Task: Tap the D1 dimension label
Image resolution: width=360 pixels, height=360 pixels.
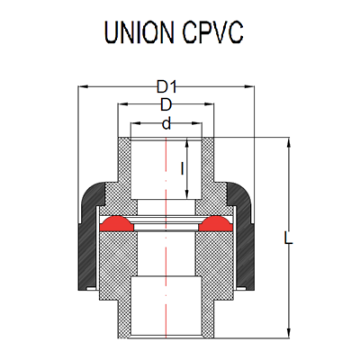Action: (x=166, y=87)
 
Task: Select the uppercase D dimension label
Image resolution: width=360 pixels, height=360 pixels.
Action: (x=166, y=105)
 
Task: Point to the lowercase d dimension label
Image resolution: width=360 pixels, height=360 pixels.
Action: (x=166, y=122)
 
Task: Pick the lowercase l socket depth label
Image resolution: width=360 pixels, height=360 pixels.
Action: (x=184, y=167)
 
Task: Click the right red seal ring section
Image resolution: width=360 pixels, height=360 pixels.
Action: (x=217, y=222)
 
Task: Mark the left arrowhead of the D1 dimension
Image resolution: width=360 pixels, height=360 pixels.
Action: (x=83, y=88)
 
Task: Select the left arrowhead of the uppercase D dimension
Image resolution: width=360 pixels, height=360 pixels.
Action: (x=121, y=106)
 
